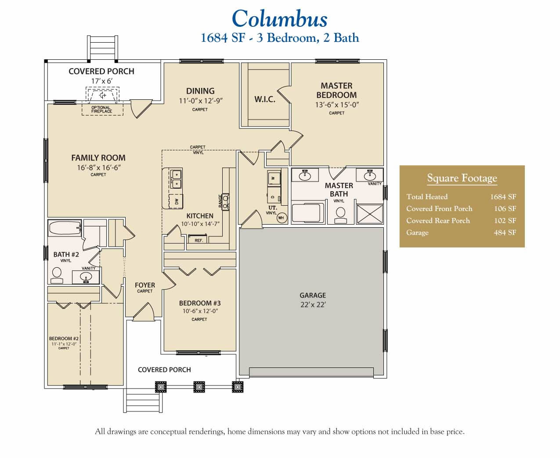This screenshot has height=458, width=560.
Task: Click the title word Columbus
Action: tap(279, 19)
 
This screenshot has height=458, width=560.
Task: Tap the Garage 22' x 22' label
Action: tap(313, 300)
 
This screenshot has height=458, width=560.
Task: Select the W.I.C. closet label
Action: tap(265, 99)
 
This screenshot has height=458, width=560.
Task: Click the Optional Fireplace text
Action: tap(101, 109)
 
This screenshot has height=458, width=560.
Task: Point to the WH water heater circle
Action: tap(281, 218)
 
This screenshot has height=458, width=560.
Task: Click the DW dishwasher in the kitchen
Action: tap(176, 202)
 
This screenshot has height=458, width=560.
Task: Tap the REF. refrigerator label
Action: tap(199, 240)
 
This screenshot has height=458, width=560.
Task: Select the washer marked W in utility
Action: tap(273, 178)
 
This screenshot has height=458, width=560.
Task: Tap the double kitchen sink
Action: tap(176, 178)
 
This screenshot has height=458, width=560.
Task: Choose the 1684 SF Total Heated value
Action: tap(503, 197)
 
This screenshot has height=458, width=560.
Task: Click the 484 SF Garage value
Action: tap(505, 233)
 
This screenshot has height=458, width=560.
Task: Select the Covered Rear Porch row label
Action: tap(438, 221)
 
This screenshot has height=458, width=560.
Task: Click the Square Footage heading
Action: tap(462, 178)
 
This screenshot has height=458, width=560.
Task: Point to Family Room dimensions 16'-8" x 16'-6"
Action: tap(98, 167)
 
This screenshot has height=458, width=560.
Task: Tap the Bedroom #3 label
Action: tap(200, 303)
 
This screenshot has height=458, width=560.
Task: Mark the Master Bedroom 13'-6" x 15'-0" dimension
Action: tap(337, 105)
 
